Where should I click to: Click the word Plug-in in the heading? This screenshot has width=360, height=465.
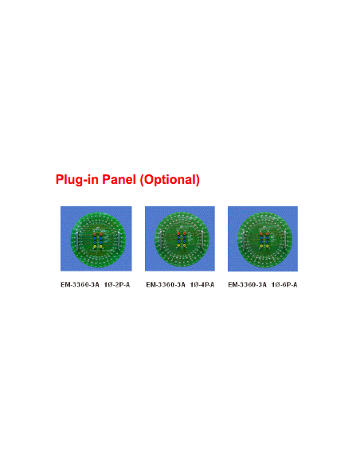click(x=76, y=180)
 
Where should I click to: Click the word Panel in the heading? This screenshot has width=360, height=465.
click(x=118, y=180)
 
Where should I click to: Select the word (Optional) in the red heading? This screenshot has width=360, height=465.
click(x=170, y=180)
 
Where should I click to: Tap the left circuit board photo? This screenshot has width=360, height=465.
click(x=96, y=238)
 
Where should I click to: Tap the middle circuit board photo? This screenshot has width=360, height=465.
click(x=179, y=238)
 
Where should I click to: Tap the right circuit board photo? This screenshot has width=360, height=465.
click(x=262, y=238)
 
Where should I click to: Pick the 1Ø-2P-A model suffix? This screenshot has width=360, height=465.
click(x=117, y=284)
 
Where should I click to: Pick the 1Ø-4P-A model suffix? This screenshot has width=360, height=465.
click(x=202, y=284)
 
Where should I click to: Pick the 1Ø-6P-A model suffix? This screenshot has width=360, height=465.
click(x=284, y=284)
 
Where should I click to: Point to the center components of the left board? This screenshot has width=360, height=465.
click(x=96, y=240)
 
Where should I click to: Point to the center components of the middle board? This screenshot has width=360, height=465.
click(x=179, y=240)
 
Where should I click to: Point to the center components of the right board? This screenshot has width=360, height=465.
click(x=263, y=240)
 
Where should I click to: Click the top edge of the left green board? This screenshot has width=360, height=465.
click(x=96, y=211)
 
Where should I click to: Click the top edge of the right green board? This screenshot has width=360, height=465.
click(x=263, y=211)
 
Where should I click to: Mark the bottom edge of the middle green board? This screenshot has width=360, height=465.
click(x=179, y=267)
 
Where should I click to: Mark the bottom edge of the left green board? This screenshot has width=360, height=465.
click(x=96, y=267)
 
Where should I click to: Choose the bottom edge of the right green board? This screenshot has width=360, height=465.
click(x=263, y=267)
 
